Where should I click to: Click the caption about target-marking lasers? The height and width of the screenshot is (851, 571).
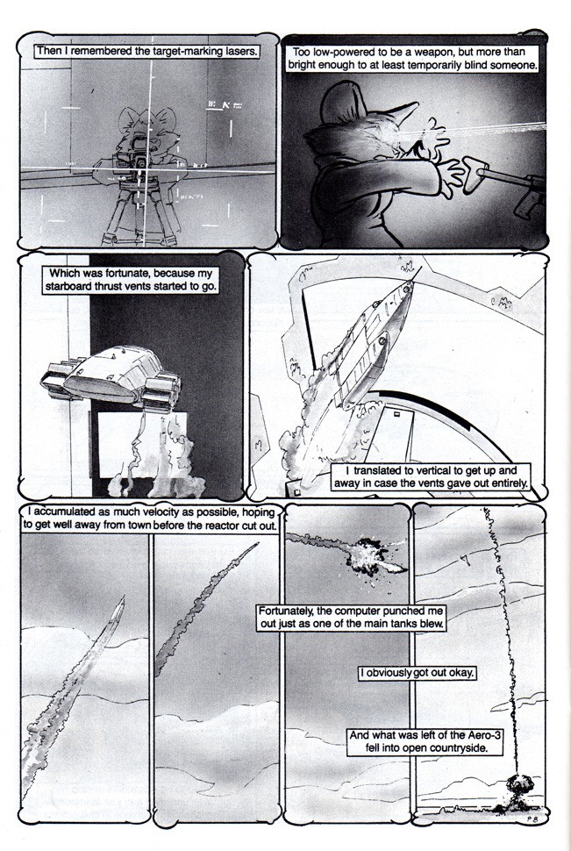coord(146,52)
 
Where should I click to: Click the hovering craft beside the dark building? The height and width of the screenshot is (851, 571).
coord(111,379)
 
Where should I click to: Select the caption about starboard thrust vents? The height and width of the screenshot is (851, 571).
coord(131,280)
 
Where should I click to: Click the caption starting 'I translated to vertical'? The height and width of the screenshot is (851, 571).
coord(432,476)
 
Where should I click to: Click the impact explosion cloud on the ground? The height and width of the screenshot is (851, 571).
coord(516,786)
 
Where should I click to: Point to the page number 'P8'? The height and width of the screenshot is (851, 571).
coord(531,820)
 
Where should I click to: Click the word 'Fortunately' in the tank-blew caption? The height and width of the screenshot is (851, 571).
coord(285,611)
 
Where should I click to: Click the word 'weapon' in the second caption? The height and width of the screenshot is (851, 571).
coord(428,52)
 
